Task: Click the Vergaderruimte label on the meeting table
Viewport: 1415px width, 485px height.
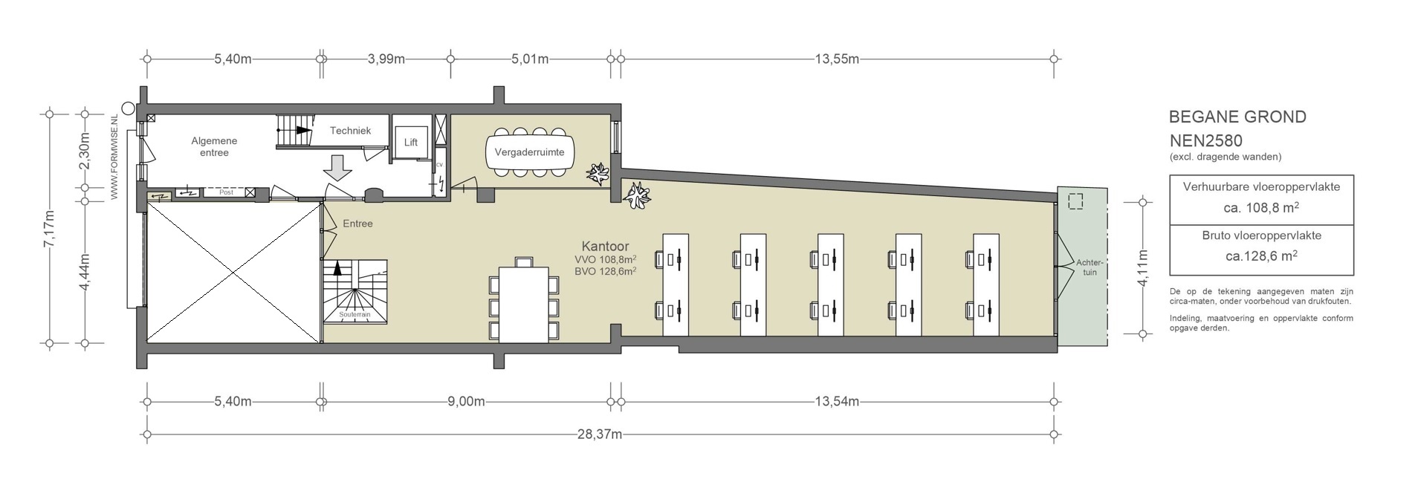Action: point(529,152)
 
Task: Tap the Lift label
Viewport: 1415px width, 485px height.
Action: point(411,142)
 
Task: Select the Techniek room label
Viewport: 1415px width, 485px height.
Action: point(350,131)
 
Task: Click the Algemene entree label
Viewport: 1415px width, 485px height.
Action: point(214,146)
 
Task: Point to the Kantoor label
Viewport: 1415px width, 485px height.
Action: point(605,246)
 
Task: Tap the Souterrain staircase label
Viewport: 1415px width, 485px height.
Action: point(354,315)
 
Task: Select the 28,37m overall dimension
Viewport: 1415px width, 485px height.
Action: point(599,434)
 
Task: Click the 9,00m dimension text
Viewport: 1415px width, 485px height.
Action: point(467,402)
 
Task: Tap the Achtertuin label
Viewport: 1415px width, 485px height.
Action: point(1089,267)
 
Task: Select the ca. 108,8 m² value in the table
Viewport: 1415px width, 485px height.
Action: point(1261,208)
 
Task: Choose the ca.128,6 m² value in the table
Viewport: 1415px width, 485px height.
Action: point(1261,255)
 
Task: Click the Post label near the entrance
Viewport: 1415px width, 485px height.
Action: point(227,192)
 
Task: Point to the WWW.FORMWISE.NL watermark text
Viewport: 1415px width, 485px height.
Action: point(114,157)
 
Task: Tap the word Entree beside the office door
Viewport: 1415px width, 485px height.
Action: point(357,224)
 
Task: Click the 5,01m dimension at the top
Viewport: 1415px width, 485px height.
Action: point(531,59)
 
